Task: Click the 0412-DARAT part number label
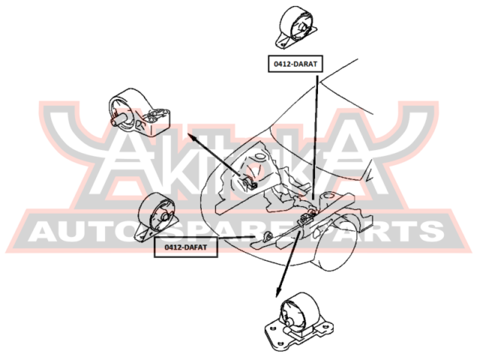(x=294, y=64)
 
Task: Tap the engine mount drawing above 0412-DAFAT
(x=158, y=217)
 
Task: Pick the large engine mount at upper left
(x=139, y=112)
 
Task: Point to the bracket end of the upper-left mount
(x=158, y=121)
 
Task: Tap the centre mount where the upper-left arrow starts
(x=252, y=181)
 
